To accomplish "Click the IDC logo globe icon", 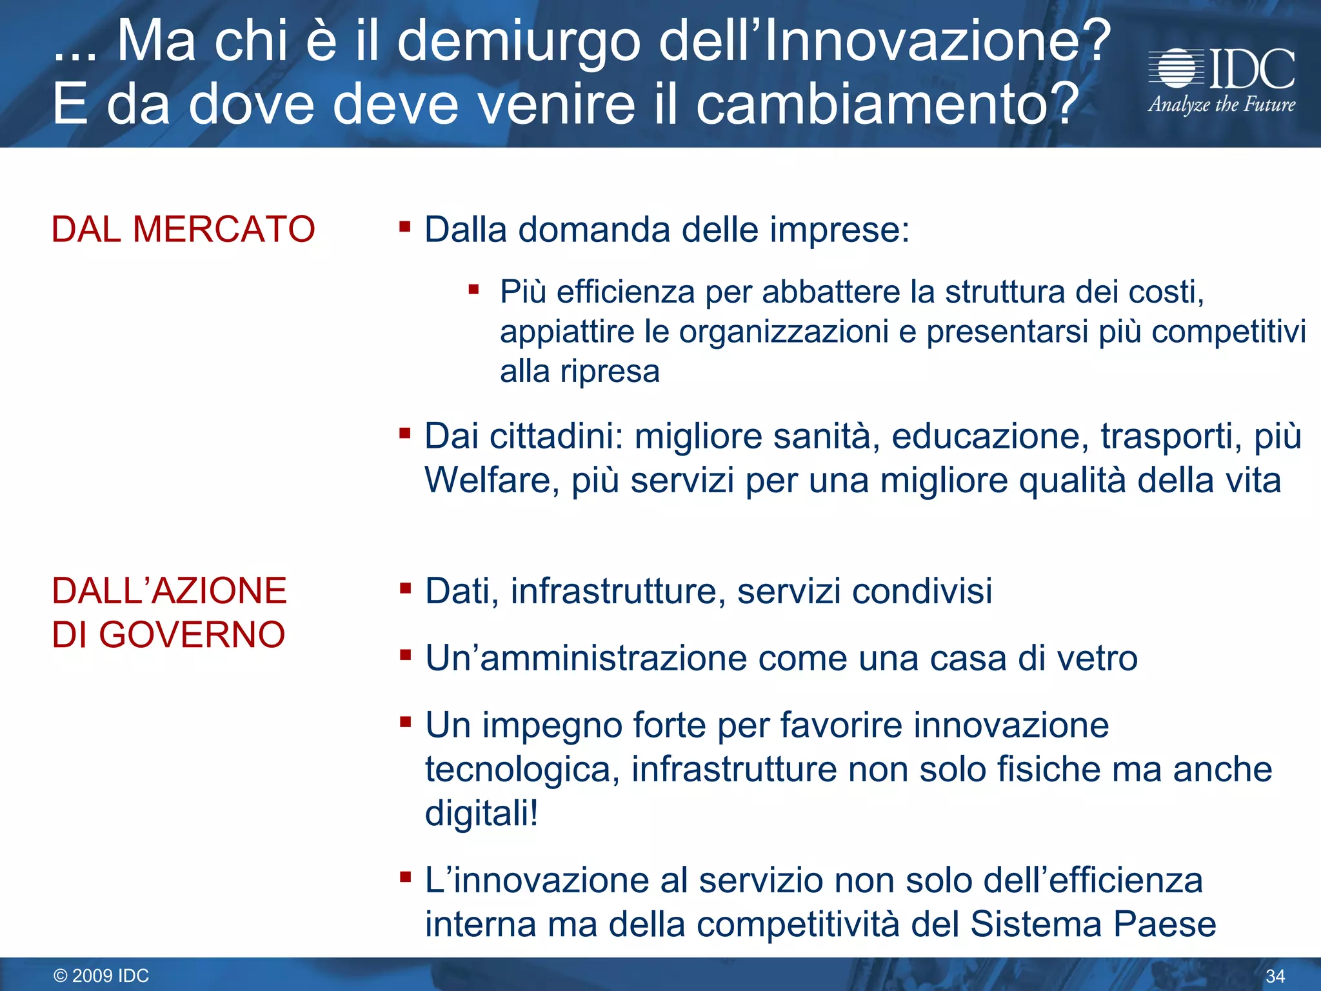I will [1177, 68].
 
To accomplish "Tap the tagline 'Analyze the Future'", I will [1221, 105].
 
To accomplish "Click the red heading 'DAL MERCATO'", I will [183, 229].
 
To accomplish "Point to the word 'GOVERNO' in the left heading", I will [192, 634].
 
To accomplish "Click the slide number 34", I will [1275, 976].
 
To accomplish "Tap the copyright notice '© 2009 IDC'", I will [101, 976].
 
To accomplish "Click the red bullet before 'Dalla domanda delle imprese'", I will [405, 226].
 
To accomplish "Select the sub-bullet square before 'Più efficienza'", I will [474, 289].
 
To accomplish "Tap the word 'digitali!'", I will [481, 813].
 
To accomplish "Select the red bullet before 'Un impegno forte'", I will [405, 722].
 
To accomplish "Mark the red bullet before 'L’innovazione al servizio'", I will [405, 877].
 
